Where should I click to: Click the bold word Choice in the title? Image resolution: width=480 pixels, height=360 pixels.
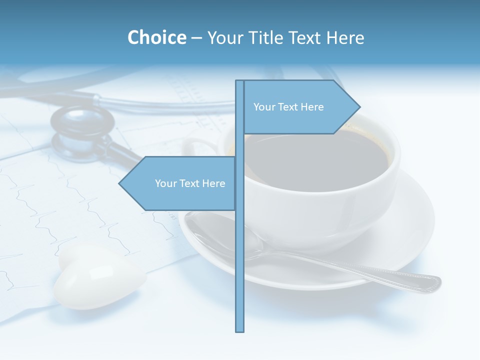[x=156, y=38]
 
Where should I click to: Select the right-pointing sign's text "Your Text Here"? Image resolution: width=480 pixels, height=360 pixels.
[x=288, y=107]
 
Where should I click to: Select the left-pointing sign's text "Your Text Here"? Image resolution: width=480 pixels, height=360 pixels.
[x=190, y=183]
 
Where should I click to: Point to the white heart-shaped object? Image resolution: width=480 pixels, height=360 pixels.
[x=98, y=278]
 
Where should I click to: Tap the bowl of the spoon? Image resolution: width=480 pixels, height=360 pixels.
[x=225, y=235]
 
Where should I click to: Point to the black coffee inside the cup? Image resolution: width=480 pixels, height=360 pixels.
[x=320, y=160]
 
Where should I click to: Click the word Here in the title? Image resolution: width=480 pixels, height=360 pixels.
[x=345, y=38]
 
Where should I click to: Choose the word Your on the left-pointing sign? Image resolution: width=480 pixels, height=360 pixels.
[x=164, y=183]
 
